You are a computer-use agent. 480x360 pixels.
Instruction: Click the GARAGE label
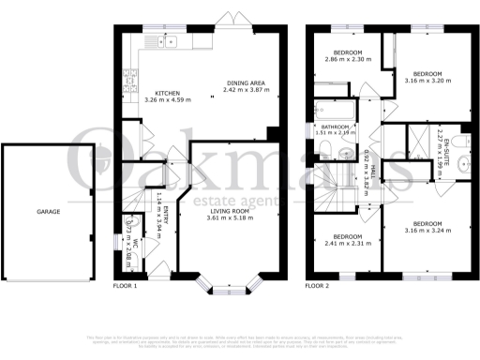[x=49, y=212]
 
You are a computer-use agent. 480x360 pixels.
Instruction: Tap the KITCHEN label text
[x=168, y=92]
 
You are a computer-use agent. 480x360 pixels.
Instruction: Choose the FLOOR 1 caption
[x=125, y=284]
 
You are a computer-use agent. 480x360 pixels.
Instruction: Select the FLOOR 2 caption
[x=319, y=284]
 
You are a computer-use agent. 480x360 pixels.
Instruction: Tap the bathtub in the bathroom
[x=334, y=107]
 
